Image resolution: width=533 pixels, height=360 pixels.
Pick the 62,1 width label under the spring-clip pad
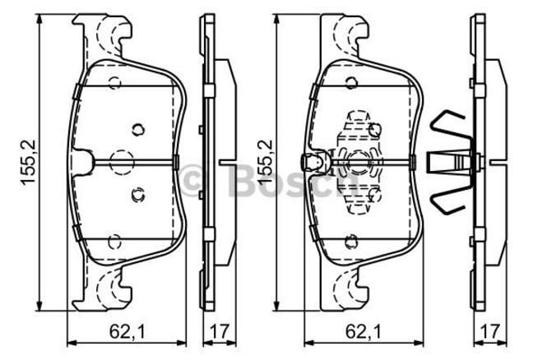[360, 333]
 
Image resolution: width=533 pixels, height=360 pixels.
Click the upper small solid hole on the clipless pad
[137, 128]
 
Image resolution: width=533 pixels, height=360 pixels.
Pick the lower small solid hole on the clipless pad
[137, 194]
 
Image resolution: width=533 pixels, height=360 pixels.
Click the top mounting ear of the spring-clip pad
[345, 37]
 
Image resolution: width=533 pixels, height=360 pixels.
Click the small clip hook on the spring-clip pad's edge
[311, 161]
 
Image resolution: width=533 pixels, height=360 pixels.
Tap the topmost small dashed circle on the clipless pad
[114, 81]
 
